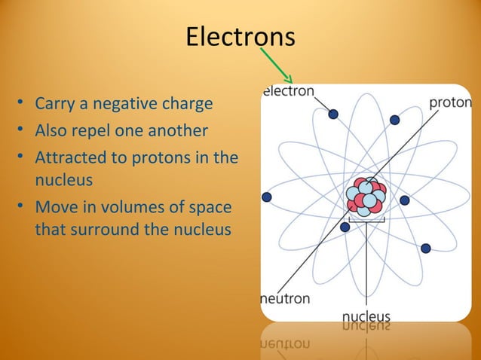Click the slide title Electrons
click(240, 36)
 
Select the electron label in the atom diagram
click(288, 91)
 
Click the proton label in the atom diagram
click(450, 102)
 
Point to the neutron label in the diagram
click(285, 298)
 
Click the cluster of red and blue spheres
click(366, 197)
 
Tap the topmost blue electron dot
click(332, 114)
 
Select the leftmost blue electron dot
click(266, 197)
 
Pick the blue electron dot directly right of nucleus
click(405, 200)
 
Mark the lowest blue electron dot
click(426, 248)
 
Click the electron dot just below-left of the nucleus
click(345, 227)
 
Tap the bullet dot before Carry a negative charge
click(23, 102)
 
